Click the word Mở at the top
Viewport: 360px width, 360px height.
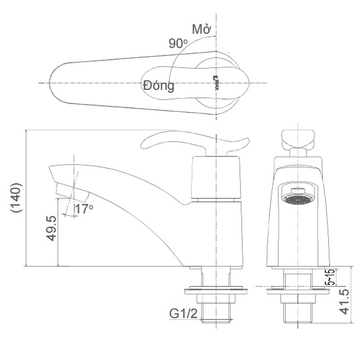201,29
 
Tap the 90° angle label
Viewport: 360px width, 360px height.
178,43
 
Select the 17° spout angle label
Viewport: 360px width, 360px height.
84,209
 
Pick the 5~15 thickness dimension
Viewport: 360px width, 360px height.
330,277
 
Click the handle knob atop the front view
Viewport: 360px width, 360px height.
298,138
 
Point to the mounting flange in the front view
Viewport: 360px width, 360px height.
298,290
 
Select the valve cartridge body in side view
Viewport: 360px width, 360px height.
216,178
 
